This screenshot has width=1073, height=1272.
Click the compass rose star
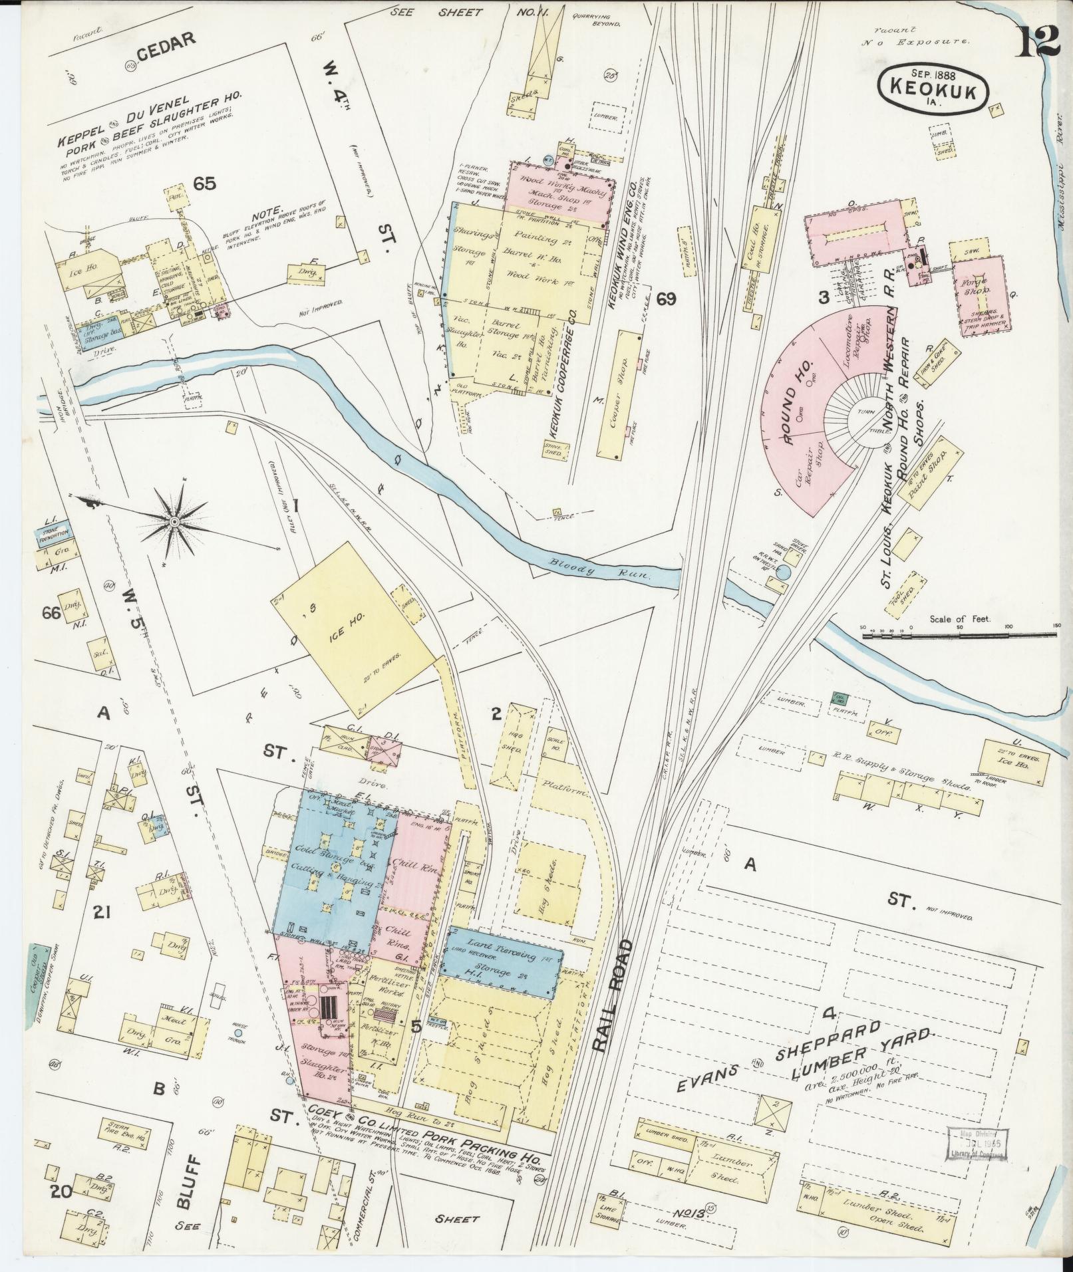pos(174,522)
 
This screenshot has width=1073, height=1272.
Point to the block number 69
pos(666,299)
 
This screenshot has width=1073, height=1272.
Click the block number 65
pos(205,183)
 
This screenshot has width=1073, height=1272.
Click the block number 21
pos(101,913)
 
